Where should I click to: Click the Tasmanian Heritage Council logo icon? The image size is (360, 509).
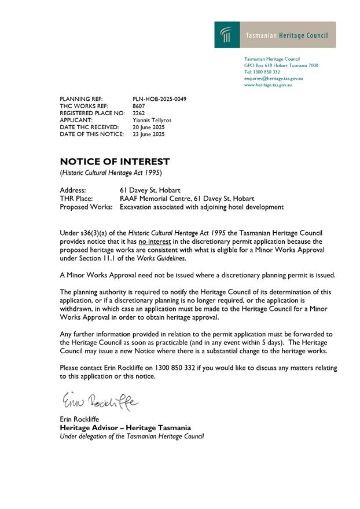coord(224,35)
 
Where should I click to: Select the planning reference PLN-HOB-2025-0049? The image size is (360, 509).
coord(159,99)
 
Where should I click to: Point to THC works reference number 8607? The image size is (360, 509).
coord(138,106)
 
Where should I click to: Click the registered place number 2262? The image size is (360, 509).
coord(138,113)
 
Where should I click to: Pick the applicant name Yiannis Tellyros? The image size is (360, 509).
coord(152,120)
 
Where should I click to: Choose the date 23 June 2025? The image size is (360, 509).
coord(149,134)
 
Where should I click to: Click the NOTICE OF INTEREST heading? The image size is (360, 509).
coord(115,162)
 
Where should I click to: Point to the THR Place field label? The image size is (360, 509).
coord(75,198)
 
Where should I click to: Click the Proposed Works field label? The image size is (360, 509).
coord(86,206)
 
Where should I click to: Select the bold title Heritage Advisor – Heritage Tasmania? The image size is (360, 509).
coord(125,427)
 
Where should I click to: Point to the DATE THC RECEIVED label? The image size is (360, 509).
coord(89,127)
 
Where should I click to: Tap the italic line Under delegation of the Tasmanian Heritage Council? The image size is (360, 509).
coord(132,435)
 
